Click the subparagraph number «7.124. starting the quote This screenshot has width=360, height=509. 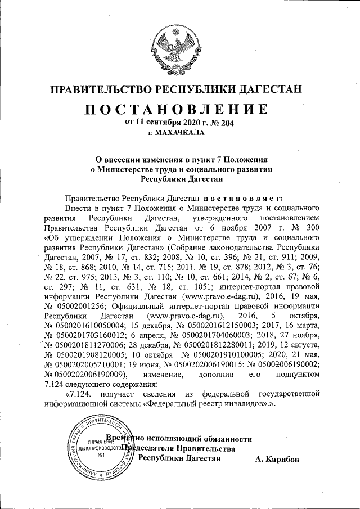(80, 394)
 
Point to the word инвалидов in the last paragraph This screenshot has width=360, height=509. (238, 404)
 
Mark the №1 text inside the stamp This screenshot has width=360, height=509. (103, 455)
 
